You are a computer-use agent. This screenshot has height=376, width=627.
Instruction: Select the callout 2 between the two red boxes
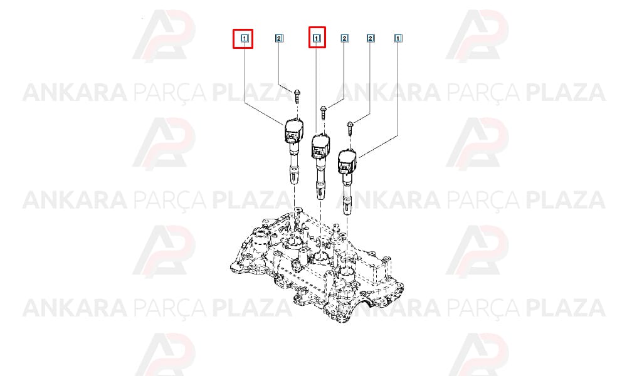tap(279, 38)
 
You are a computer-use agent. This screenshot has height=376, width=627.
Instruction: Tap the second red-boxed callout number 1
tap(317, 38)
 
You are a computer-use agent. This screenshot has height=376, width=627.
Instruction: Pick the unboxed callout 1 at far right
tap(398, 38)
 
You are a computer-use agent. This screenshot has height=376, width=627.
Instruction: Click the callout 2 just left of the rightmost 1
tap(371, 38)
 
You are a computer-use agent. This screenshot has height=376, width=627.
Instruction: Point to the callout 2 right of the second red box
tap(344, 38)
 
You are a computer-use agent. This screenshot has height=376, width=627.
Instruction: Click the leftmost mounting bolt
tap(297, 96)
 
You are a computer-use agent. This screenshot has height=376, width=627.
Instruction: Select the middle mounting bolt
tap(324, 112)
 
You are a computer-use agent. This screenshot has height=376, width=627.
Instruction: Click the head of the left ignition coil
tap(293, 130)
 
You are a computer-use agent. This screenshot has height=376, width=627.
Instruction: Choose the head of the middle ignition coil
tap(321, 146)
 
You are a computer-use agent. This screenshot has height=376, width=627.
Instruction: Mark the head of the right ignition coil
tap(347, 162)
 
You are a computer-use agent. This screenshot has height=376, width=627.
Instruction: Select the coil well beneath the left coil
tap(295, 242)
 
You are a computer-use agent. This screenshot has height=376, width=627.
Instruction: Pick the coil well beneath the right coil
tap(346, 274)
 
